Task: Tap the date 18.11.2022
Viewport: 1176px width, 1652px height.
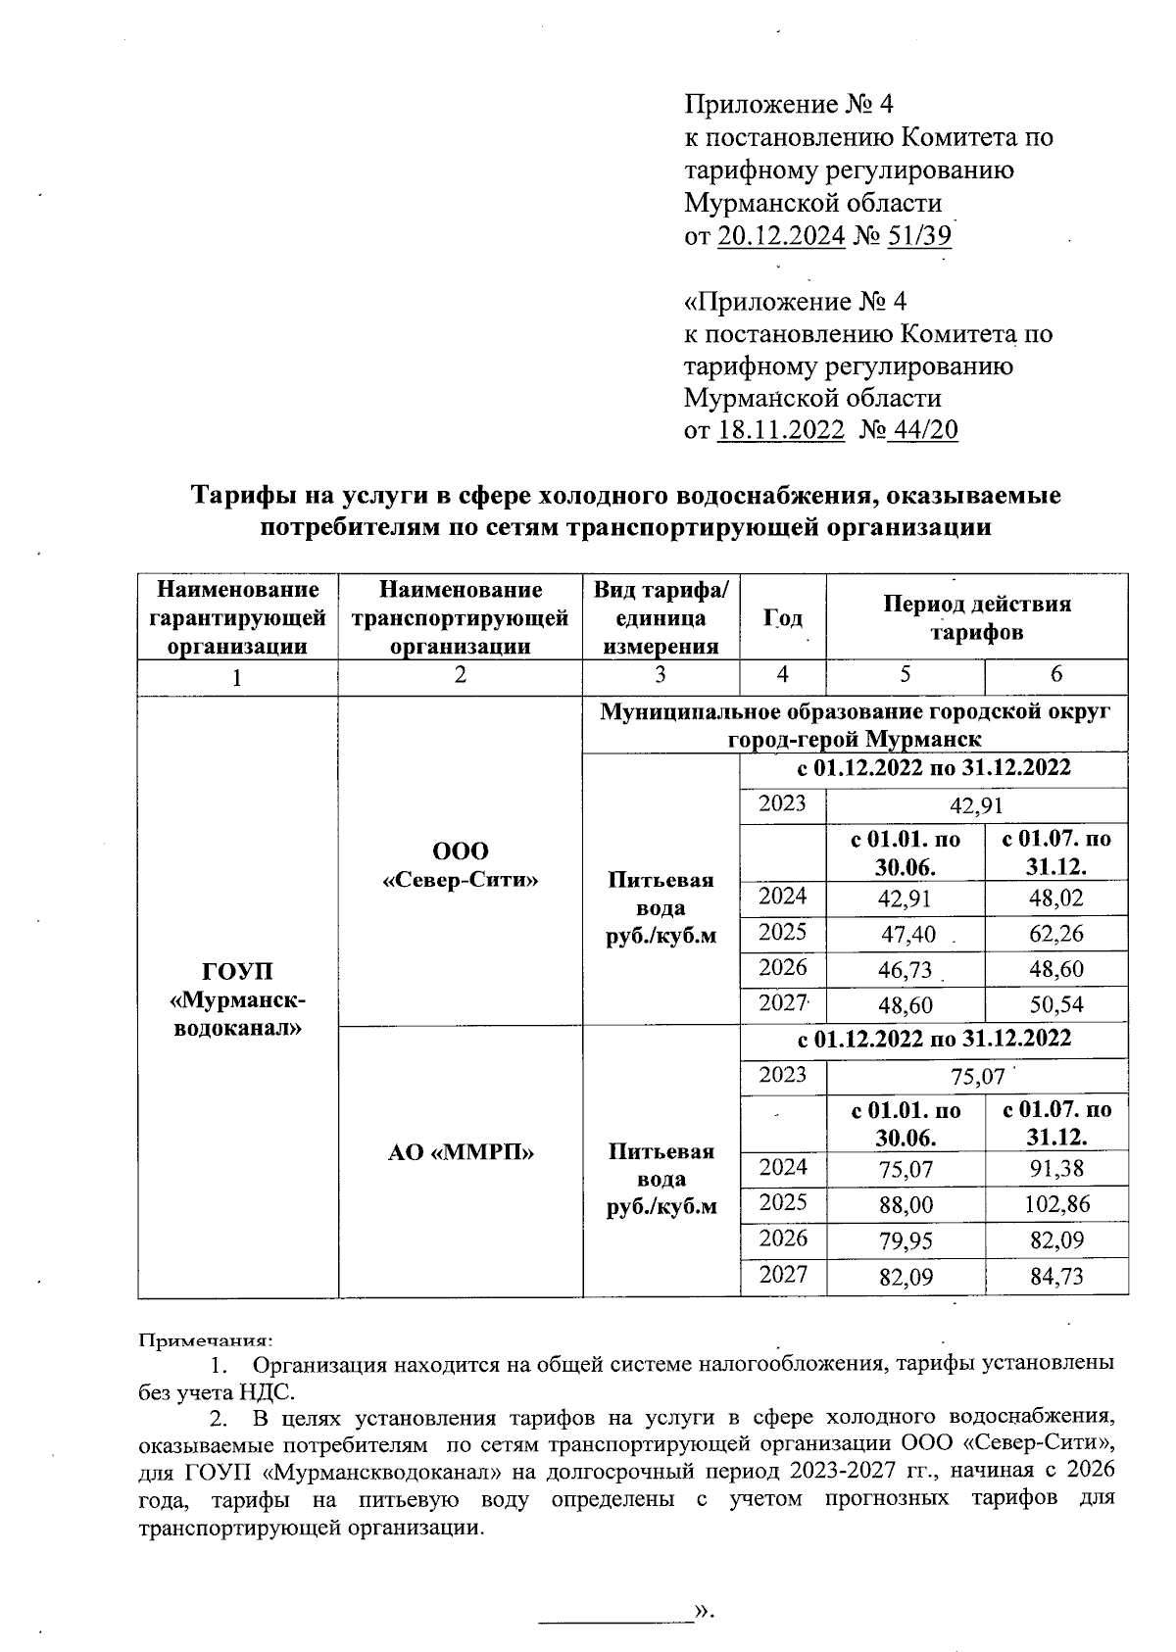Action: (x=781, y=431)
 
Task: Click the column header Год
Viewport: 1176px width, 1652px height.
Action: (x=782, y=618)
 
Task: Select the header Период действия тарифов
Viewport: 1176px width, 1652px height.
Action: (x=976, y=617)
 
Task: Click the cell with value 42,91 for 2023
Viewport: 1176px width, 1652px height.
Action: (x=976, y=805)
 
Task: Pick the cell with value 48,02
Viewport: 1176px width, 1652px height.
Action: (x=1055, y=898)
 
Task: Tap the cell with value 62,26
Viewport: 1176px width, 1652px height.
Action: (x=1055, y=934)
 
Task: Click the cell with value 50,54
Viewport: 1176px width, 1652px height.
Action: (x=1055, y=1005)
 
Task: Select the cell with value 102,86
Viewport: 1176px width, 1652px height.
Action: (x=1055, y=1204)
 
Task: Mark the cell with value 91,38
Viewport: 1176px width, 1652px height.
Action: (x=1055, y=1169)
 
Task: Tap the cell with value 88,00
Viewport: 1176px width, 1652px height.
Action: (x=906, y=1204)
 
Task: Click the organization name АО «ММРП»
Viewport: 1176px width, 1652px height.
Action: (x=460, y=1152)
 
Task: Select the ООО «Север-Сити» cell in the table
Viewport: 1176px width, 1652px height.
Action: (x=460, y=865)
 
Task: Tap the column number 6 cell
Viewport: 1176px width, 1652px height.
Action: (x=1055, y=675)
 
